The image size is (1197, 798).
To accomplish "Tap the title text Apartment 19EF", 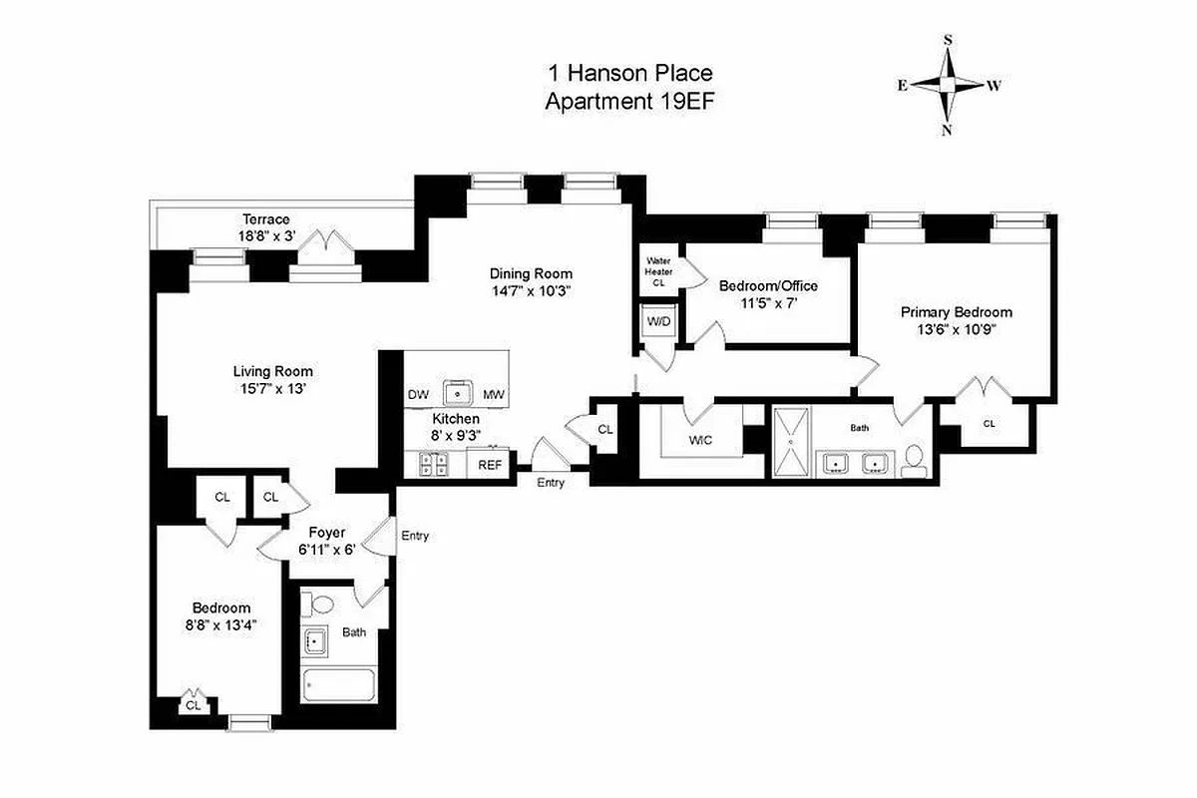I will click(x=629, y=101).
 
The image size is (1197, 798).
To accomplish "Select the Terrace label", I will click(x=265, y=219).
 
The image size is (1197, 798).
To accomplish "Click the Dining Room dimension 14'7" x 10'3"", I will click(x=530, y=291).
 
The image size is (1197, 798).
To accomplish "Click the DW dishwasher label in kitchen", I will click(x=418, y=395).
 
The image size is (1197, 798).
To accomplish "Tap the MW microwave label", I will click(x=494, y=395).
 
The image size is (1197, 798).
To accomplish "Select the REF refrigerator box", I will click(x=491, y=464).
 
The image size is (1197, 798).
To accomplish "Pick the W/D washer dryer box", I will click(x=658, y=322).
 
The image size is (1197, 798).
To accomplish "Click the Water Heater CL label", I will click(x=659, y=271).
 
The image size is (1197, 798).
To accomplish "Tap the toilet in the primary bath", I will click(x=914, y=461).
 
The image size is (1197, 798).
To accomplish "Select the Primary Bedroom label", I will click(x=956, y=311).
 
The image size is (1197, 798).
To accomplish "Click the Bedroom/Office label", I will click(x=768, y=286).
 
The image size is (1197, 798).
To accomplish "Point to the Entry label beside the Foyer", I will click(x=415, y=536).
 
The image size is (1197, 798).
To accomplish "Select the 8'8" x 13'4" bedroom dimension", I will click(x=221, y=626).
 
